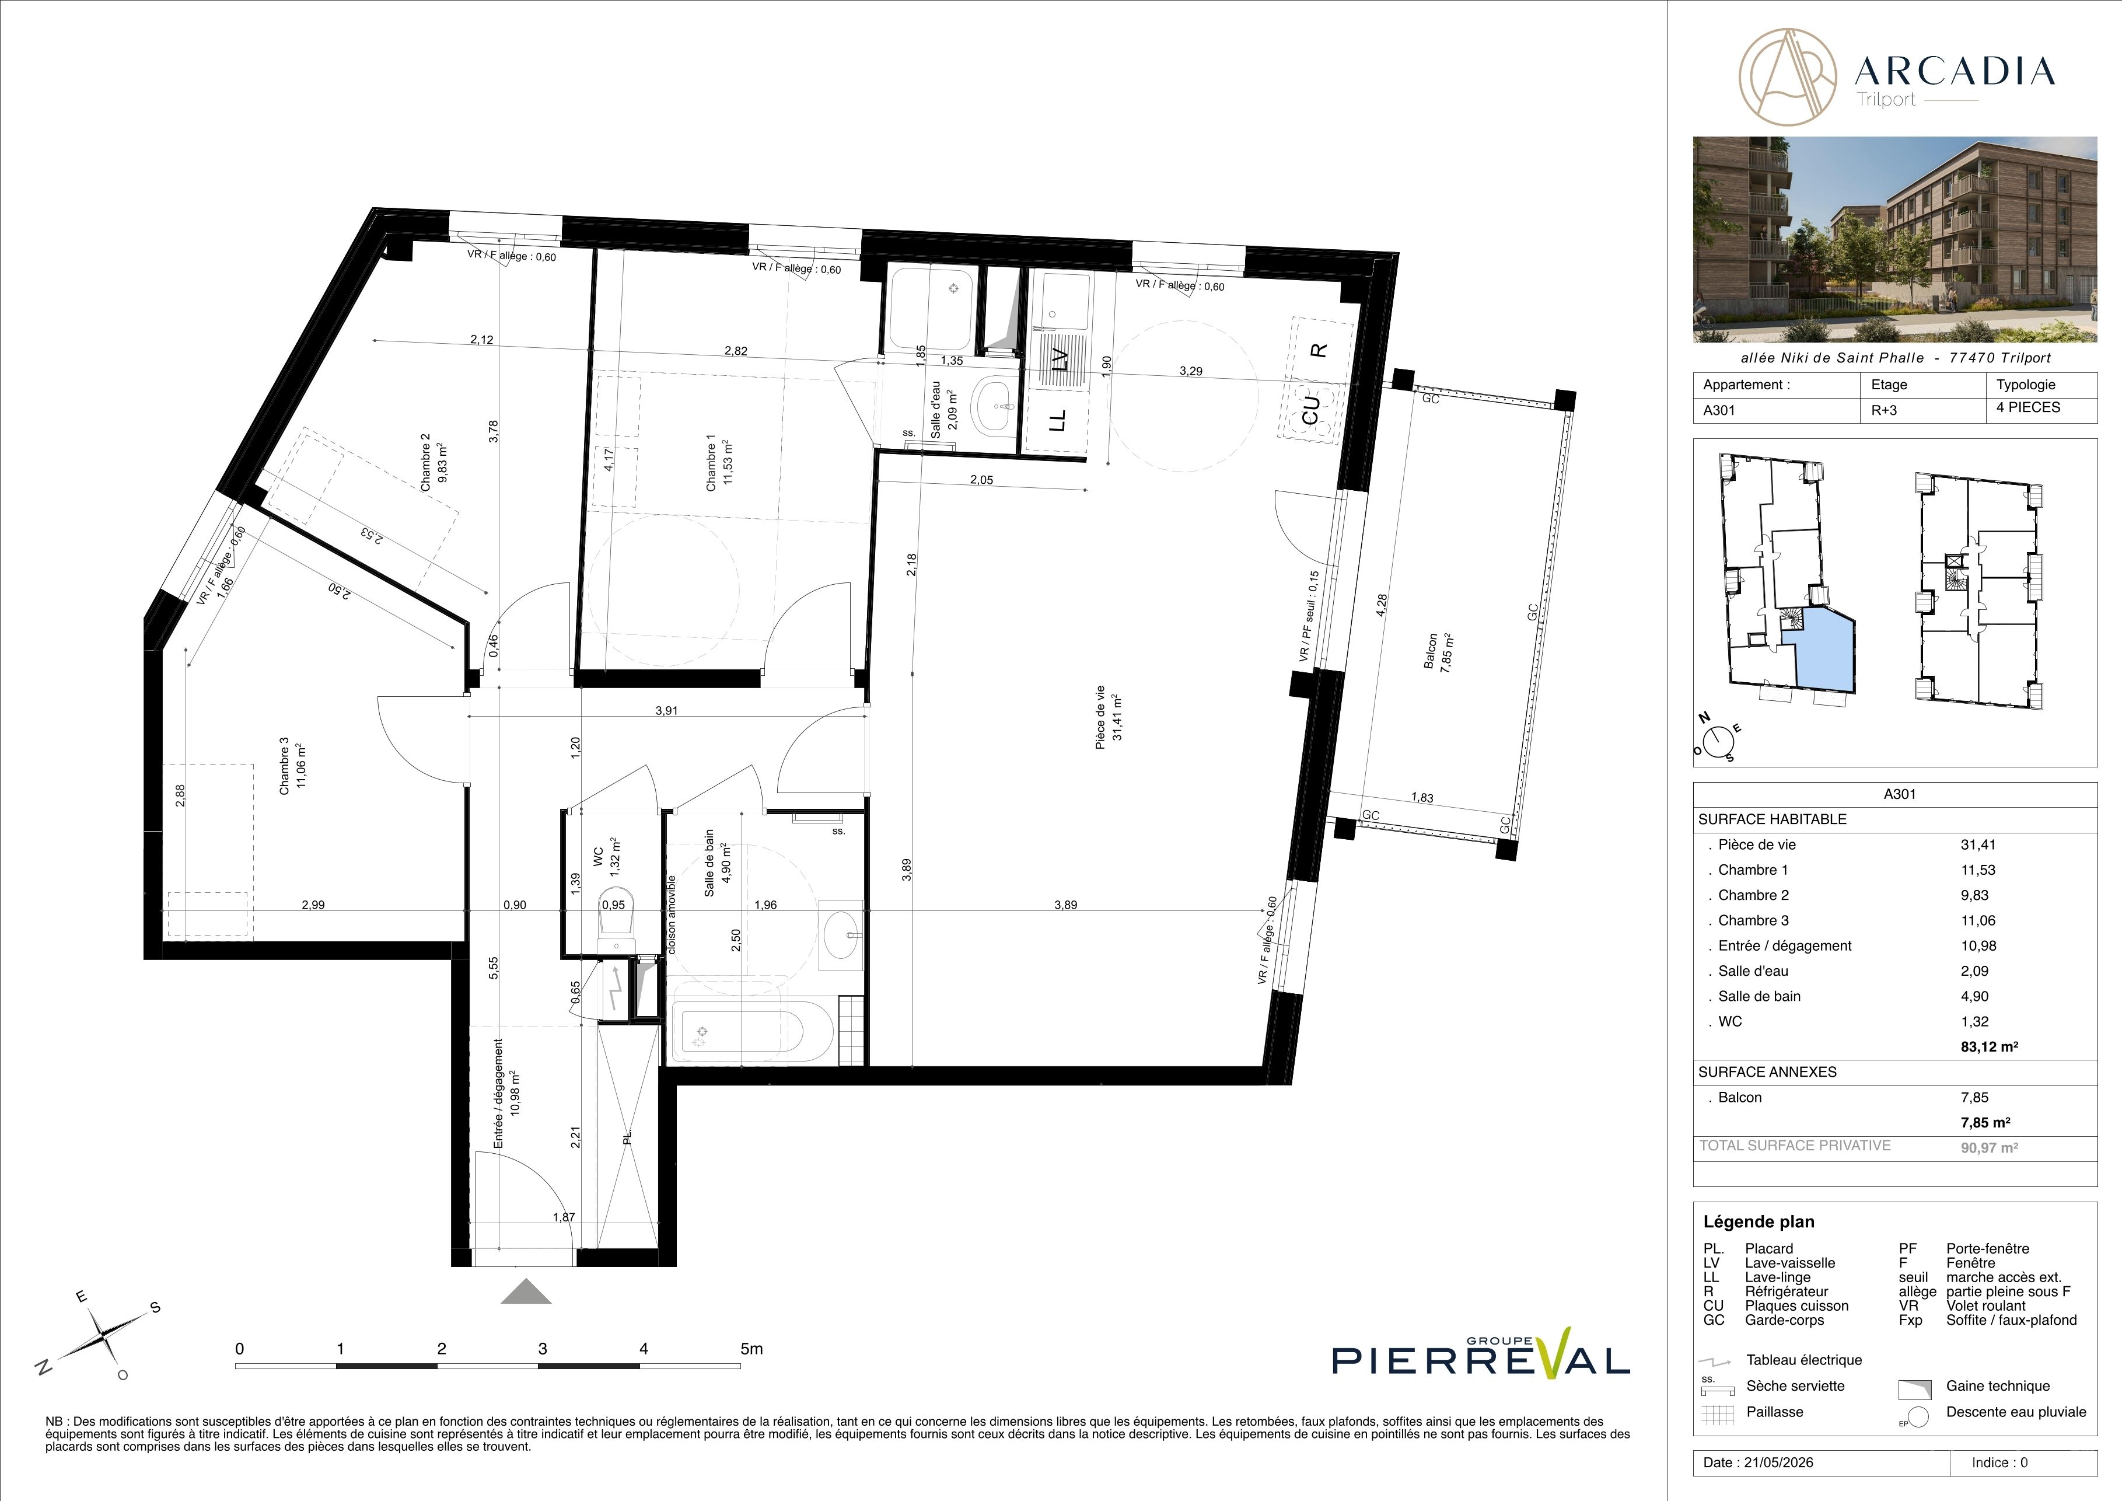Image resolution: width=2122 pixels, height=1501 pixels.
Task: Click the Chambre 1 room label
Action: point(718,465)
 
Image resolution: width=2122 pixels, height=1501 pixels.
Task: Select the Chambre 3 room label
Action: point(292,765)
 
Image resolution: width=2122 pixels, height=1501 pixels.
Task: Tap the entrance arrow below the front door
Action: point(526,1290)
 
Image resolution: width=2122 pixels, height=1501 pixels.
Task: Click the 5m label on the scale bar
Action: point(752,1349)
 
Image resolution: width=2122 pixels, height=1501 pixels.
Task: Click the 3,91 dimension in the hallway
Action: point(666,711)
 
